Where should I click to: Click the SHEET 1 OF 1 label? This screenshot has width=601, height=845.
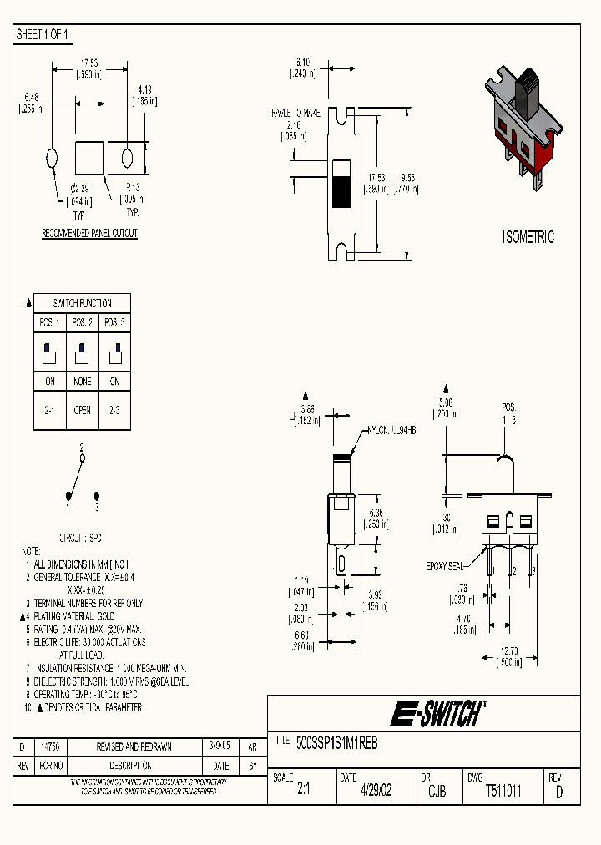click(x=43, y=34)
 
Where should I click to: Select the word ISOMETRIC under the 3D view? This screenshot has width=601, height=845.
click(x=528, y=237)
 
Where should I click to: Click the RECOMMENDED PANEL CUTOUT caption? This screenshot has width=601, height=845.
click(x=89, y=233)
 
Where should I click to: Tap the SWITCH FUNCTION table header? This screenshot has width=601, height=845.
click(x=82, y=303)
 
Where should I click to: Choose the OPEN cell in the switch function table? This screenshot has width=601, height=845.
click(x=82, y=411)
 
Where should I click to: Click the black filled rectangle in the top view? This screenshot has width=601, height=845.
click(x=341, y=191)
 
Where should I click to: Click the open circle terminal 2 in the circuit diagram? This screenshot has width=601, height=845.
click(x=82, y=458)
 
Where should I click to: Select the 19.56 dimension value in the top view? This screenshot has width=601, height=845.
click(x=407, y=178)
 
